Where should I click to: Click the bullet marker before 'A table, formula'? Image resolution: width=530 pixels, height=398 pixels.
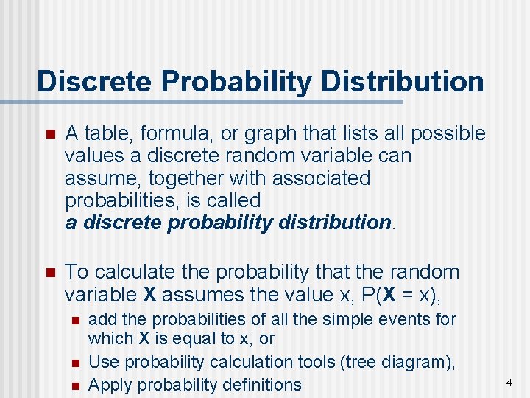[x=50, y=135]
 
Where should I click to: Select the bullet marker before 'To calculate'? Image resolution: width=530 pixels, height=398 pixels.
[x=50, y=273]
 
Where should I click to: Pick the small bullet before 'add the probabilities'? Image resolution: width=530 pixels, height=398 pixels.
[x=74, y=321]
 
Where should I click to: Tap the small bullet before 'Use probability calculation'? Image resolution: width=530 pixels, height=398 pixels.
[x=74, y=363]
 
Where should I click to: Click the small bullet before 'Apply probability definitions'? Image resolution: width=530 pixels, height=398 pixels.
[x=74, y=385]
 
